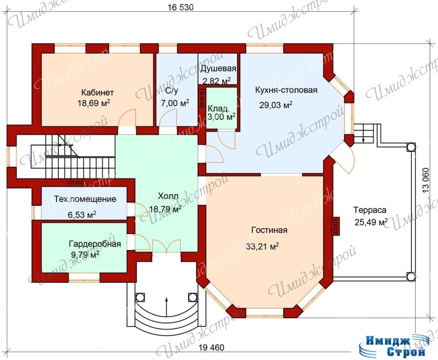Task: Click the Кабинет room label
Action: coord(97,92)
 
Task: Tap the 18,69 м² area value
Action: coord(94,103)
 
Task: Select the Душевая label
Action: coord(218,69)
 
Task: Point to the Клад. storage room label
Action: coord(219,108)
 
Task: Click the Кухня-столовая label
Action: coord(286,90)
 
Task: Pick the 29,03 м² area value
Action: coord(276,105)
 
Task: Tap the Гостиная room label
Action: coord(270,230)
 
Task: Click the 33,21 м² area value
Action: coord(263,246)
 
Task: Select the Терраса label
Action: coord(370,210)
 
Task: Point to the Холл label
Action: coord(168,196)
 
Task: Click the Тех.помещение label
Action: coord(85,199)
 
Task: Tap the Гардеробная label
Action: coord(95,244)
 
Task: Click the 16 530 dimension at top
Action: coord(181,7)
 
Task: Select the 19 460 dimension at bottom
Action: coord(212,347)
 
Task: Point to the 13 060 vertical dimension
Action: coord(425,180)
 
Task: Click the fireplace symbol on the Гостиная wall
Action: coord(335,225)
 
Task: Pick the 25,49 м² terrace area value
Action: coord(371,222)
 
